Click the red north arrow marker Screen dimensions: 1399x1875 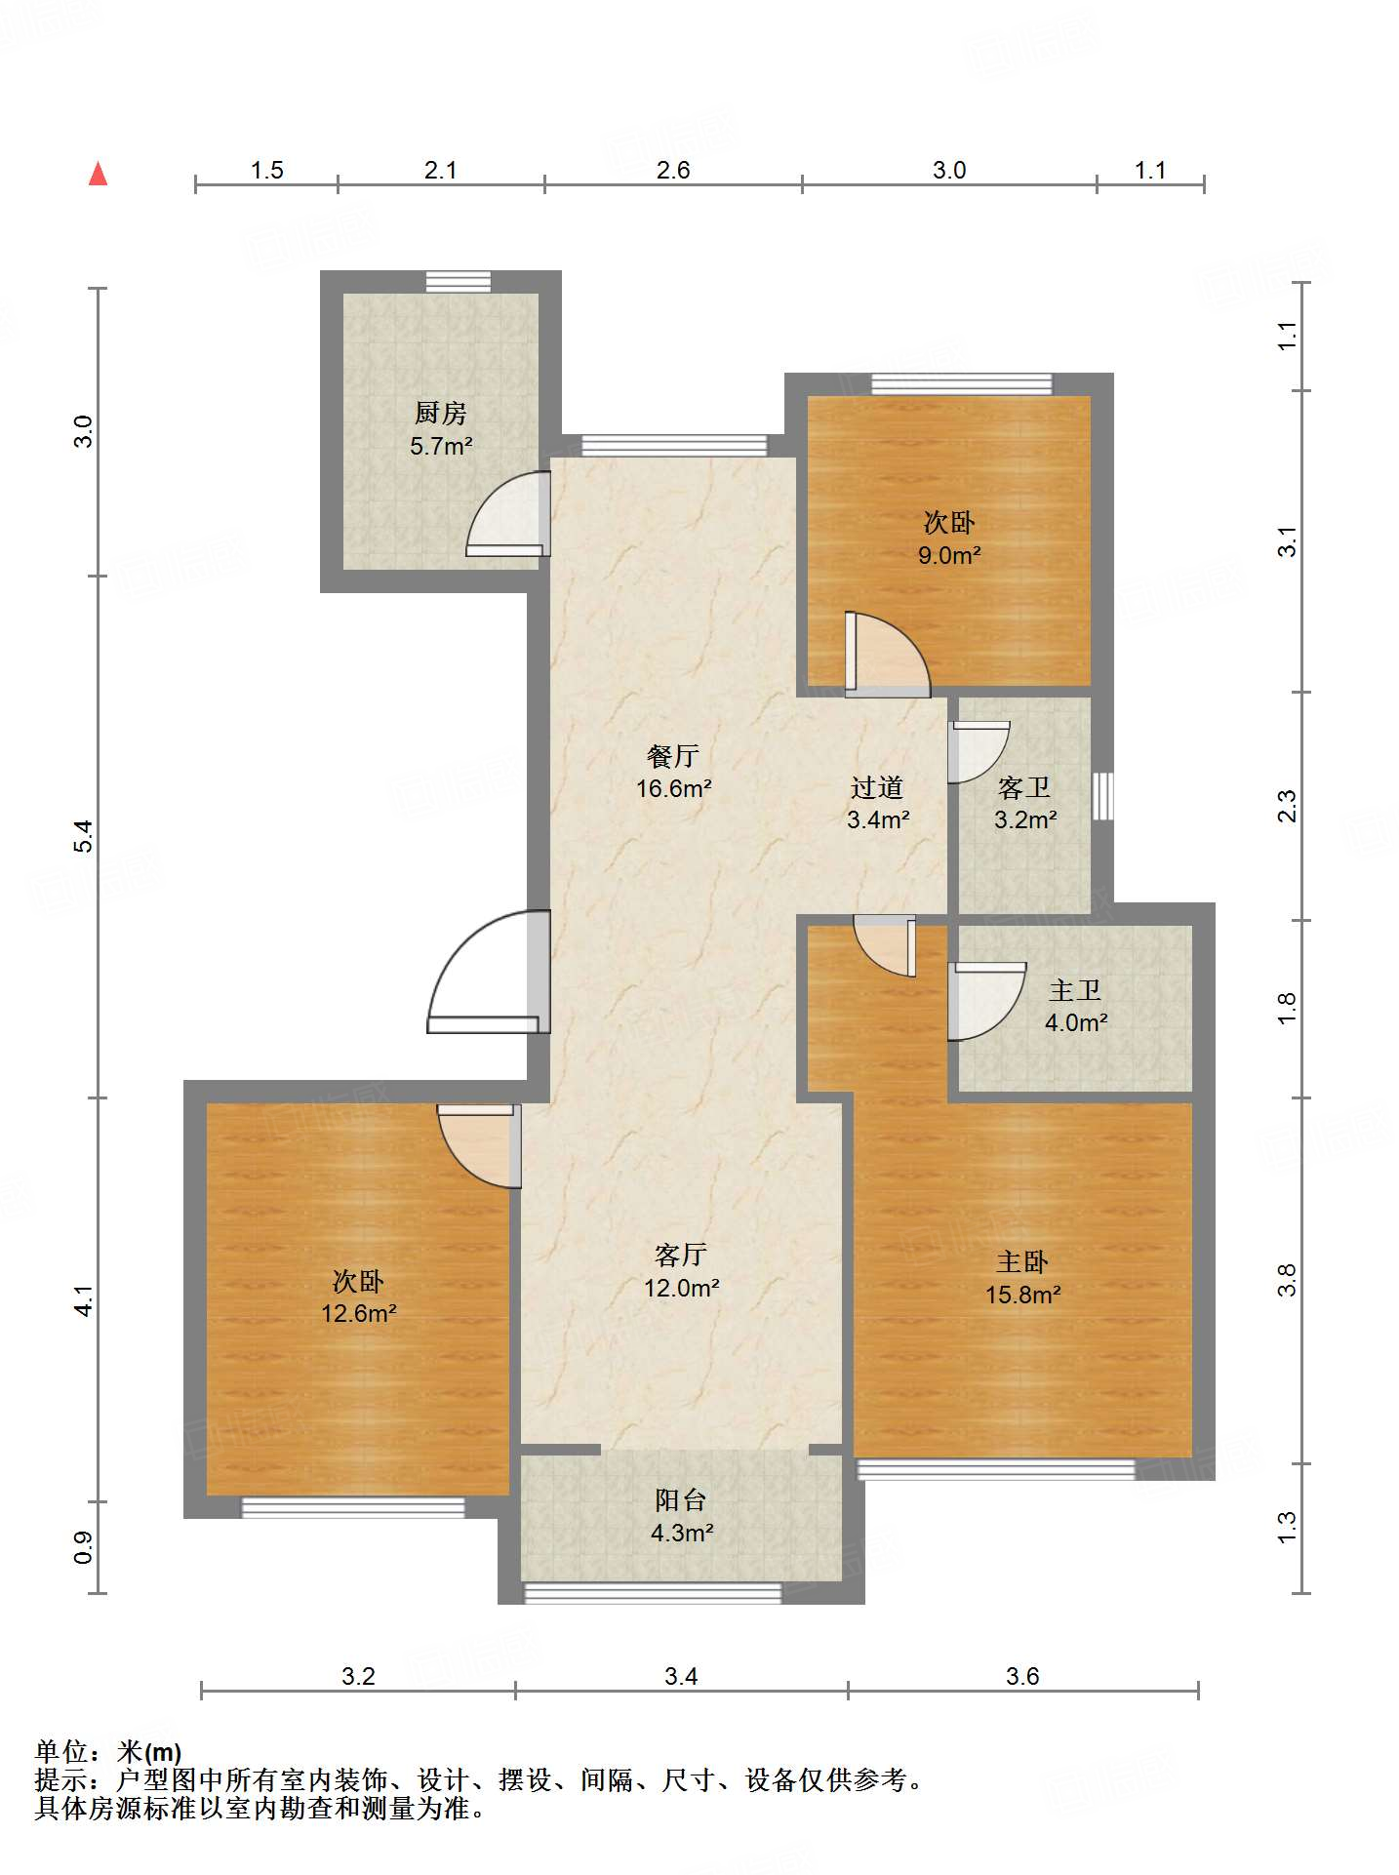pos(98,174)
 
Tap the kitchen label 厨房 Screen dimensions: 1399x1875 pos(441,414)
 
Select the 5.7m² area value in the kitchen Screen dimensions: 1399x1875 pos(441,447)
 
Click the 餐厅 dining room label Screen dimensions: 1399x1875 pos(673,756)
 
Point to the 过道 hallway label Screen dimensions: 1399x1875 pos(877,787)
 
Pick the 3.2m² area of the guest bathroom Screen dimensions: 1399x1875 pos(1024,819)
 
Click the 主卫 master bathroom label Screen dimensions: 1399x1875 pos(1075,991)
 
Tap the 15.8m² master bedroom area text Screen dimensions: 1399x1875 pos(1022,1295)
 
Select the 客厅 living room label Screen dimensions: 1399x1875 pos(680,1255)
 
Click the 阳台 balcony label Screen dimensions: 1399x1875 pos(680,1499)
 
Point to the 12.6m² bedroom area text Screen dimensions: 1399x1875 pos(358,1313)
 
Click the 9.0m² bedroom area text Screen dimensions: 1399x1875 pos(948,555)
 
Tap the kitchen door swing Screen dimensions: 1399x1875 pos(507,514)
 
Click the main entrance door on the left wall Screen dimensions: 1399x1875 pos(489,972)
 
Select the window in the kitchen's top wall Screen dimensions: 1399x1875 pos(459,282)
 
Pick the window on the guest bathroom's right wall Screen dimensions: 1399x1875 pos(1102,796)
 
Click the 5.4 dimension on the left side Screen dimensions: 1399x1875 pos(85,836)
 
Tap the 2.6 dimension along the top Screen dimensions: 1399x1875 pos(673,171)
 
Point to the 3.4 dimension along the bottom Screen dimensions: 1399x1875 pos(681,1676)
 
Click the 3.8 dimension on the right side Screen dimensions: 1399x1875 pos(1288,1279)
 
